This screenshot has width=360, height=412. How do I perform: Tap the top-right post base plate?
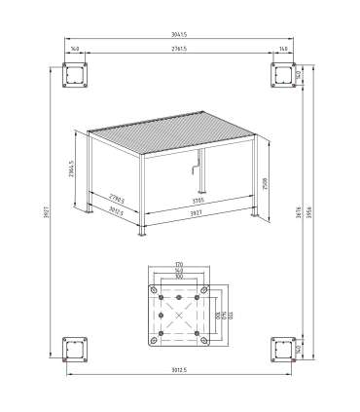tap(283, 75)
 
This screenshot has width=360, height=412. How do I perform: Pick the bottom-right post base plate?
tap(283, 349)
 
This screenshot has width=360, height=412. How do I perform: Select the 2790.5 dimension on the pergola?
tap(118, 198)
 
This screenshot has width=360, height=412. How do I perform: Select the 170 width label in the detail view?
tap(179, 264)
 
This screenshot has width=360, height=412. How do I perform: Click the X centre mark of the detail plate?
tap(179, 314)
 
